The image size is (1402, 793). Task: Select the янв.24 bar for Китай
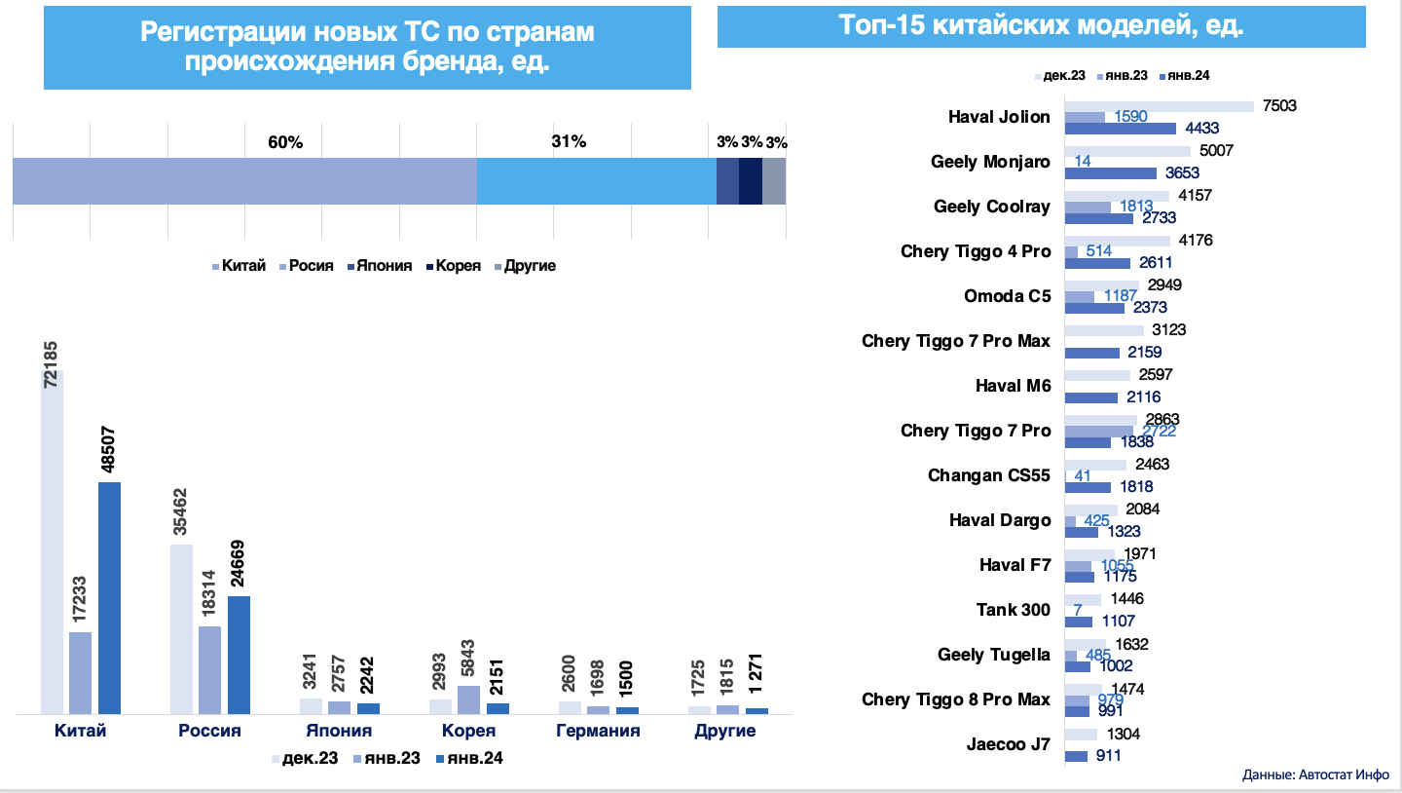[109, 597]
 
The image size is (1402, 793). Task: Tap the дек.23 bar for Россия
[181, 628]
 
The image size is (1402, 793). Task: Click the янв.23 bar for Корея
[468, 699]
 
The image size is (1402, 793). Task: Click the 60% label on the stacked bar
[286, 142]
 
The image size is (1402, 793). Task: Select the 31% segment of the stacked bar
[596, 180]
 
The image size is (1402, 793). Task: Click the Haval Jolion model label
[999, 117]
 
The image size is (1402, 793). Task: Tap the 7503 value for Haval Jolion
[1279, 106]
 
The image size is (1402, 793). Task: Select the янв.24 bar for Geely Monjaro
[1110, 172]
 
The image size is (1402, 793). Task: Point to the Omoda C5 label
[1007, 296]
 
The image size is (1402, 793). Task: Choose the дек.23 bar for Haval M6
[1097, 375]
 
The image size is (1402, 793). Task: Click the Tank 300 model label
[1014, 610]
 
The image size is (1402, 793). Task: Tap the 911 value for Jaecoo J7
[1110, 755]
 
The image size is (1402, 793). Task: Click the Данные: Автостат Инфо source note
[1315, 775]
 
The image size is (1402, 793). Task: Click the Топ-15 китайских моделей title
[1041, 26]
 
